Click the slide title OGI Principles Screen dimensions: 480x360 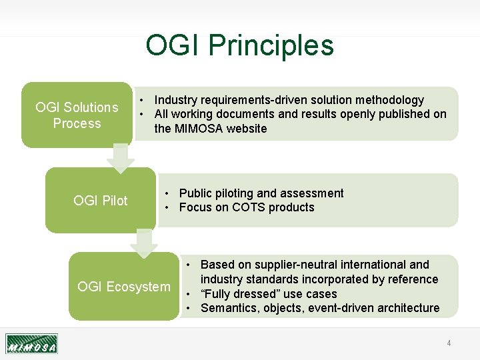239,45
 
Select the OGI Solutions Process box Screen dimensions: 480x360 77,115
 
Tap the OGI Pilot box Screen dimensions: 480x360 101,201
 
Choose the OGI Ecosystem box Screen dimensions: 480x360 124,287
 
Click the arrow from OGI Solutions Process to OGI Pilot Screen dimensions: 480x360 120,157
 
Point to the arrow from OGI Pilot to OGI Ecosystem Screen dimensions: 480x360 144,242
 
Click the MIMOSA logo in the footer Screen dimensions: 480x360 31,343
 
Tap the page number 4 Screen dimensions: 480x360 449,343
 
